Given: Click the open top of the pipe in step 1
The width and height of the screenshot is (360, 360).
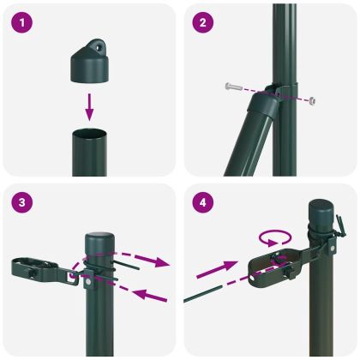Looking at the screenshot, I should point(89,132).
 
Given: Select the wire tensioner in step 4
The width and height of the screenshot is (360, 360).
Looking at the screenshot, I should point(269,265).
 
